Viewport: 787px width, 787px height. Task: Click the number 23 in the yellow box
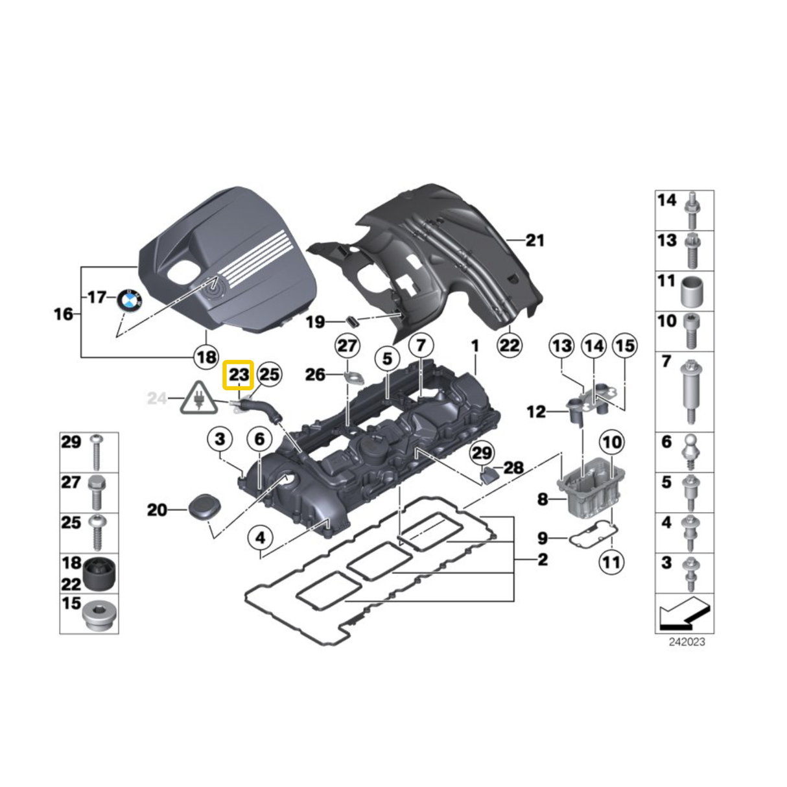[x=238, y=375]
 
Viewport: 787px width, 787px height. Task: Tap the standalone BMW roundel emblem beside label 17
[x=129, y=301]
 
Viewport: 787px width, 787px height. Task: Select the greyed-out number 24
[x=158, y=398]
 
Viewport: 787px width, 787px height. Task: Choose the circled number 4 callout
[x=261, y=537]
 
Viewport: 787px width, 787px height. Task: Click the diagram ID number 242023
[x=687, y=642]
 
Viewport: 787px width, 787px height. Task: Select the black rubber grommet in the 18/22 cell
[x=100, y=572]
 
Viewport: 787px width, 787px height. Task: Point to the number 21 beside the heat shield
[x=535, y=241]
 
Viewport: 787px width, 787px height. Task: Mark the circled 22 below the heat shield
[x=509, y=345]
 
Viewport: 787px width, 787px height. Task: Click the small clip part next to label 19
[x=353, y=320]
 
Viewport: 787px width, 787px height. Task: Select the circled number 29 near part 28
[x=482, y=452]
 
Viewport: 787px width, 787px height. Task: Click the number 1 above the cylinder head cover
[x=475, y=346]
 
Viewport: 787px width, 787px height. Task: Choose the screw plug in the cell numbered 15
[x=100, y=618]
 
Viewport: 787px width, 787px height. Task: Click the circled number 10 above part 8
[x=611, y=443]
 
